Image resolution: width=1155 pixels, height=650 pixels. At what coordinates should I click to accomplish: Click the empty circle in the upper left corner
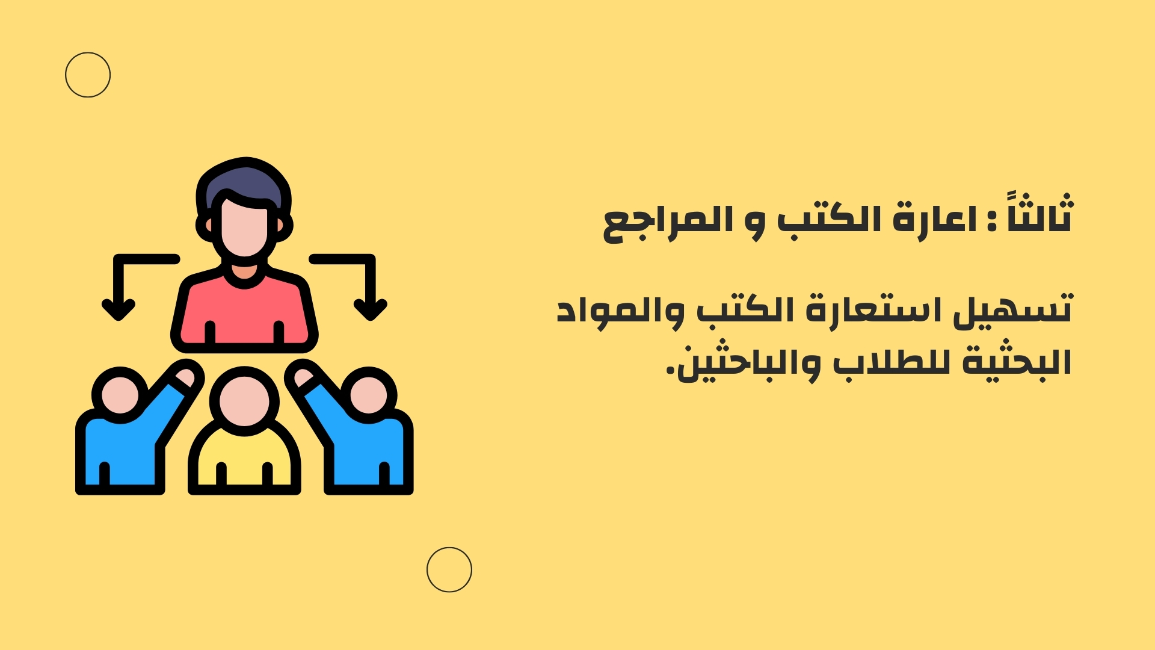pos(88,52)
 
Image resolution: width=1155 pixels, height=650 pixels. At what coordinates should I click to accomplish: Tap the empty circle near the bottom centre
pos(449,548)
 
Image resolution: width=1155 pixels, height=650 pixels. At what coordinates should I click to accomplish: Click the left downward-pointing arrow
pos(119,260)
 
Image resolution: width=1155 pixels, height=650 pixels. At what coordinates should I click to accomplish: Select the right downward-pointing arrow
pos(371,260)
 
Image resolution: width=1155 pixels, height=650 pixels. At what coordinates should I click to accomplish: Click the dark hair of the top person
pos(244,181)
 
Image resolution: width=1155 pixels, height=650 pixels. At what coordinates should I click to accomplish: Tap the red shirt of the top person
pos(244,313)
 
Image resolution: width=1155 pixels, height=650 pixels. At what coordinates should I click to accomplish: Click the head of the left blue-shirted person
pos(120,395)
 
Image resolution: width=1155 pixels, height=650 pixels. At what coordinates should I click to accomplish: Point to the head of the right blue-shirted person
pos(369,395)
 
